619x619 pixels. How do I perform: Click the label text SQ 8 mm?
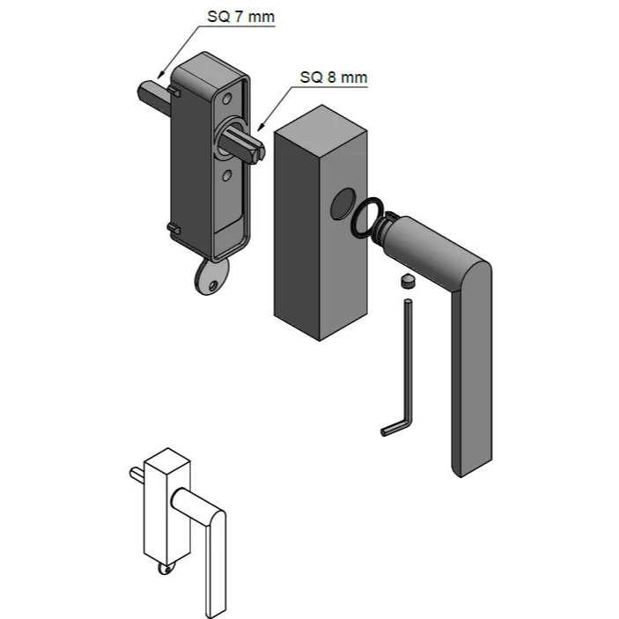(x=333, y=77)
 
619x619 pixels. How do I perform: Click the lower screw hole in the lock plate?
(x=226, y=178)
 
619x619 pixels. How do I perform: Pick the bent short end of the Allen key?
(x=392, y=430)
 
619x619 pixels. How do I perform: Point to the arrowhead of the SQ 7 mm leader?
(x=159, y=71)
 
